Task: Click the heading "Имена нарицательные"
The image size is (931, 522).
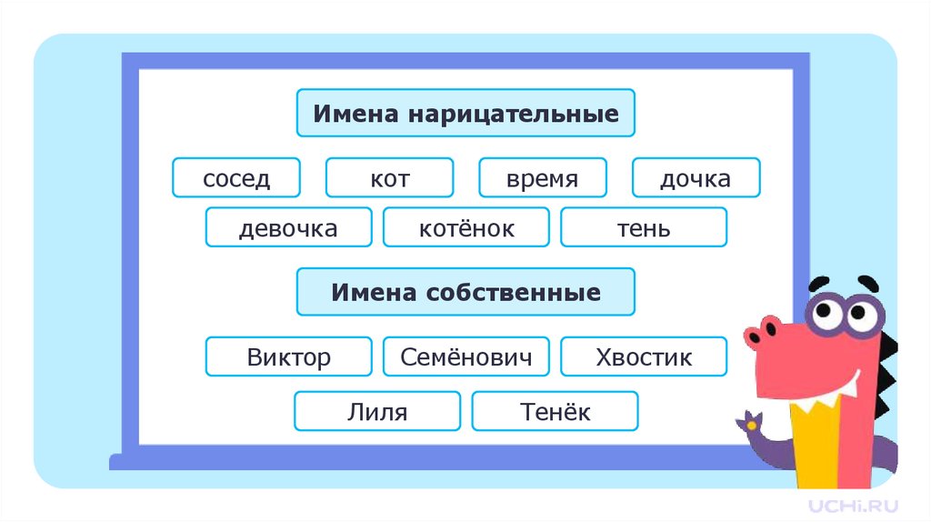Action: [x=465, y=114]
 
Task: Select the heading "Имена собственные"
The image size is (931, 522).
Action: [x=465, y=292]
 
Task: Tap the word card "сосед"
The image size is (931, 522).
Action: [x=236, y=177]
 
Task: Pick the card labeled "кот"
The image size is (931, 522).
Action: [x=389, y=177]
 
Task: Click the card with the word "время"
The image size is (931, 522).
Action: [x=542, y=177]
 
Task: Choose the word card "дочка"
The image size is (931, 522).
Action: [x=696, y=177]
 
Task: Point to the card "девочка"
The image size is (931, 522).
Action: [x=288, y=227]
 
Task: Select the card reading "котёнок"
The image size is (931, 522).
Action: [x=465, y=227]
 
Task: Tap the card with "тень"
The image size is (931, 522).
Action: [x=644, y=227]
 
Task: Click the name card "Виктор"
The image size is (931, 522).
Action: [x=288, y=356]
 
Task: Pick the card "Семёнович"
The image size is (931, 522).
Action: [x=465, y=356]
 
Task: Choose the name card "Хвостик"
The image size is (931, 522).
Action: [x=644, y=356]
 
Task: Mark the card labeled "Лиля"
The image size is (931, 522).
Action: [x=376, y=411]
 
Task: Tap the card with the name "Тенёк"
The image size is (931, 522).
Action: [x=555, y=411]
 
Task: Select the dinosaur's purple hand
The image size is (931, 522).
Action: [x=754, y=424]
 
